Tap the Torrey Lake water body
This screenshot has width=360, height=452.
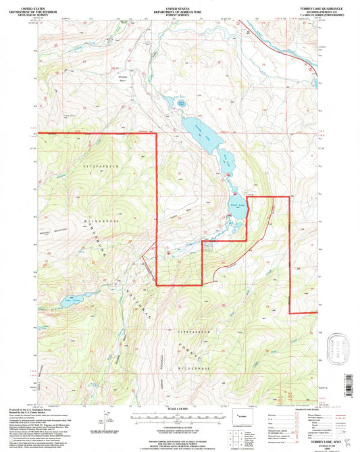click(207, 138)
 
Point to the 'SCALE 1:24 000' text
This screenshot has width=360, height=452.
click(180, 409)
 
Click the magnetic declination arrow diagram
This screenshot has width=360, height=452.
click(108, 418)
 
